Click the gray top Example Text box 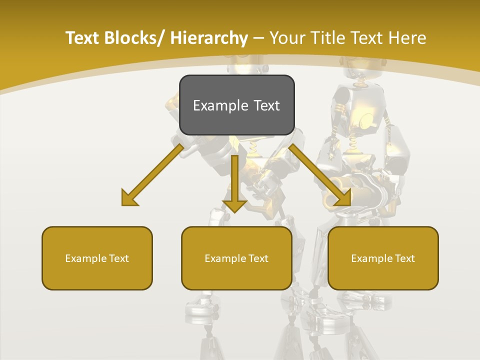pos(236,105)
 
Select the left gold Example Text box pos(97,258)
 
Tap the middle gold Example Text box pos(236,258)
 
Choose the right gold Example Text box pos(383,258)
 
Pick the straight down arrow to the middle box pos(234,180)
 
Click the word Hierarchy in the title pos(209,38)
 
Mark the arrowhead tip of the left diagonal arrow pos(123,204)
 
